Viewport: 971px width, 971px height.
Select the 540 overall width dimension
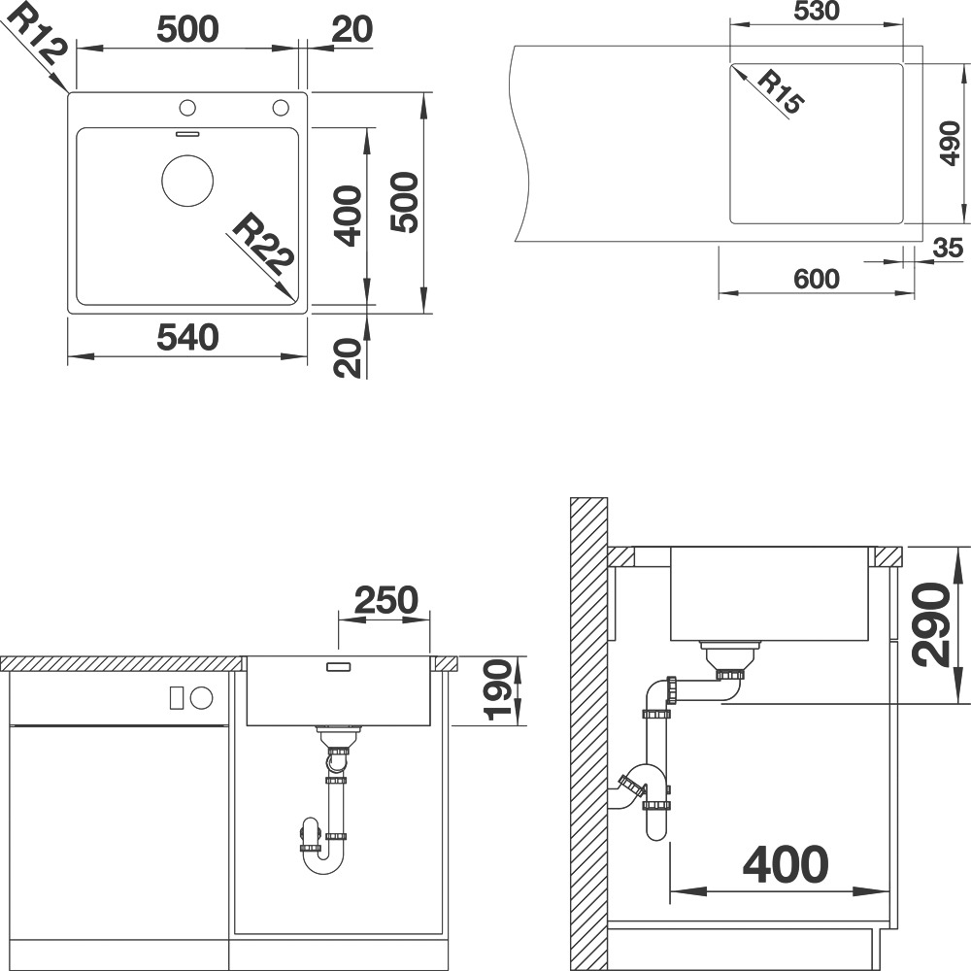click(187, 338)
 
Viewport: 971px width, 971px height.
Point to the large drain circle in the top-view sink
click(187, 181)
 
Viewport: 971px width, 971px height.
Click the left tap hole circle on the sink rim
click(187, 108)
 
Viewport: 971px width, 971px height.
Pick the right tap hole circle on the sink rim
click(281, 108)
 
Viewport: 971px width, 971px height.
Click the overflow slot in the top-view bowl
click(187, 133)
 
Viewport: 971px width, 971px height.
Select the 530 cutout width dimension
click(817, 11)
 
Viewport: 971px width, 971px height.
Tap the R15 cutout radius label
click(779, 93)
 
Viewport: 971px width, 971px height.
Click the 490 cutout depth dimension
click(950, 144)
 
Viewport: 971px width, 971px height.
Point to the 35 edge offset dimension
click(948, 248)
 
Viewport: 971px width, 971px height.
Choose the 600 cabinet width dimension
click(817, 280)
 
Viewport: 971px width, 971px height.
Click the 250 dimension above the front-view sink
click(386, 599)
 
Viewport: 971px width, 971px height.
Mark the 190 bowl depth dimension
click(498, 690)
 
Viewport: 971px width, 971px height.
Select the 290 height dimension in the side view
click(931, 624)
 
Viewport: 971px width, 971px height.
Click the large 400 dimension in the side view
click(786, 864)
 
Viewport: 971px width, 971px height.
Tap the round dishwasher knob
click(202, 698)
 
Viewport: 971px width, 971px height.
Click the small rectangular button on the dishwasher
click(177, 698)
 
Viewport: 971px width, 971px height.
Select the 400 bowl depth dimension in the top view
click(348, 217)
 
